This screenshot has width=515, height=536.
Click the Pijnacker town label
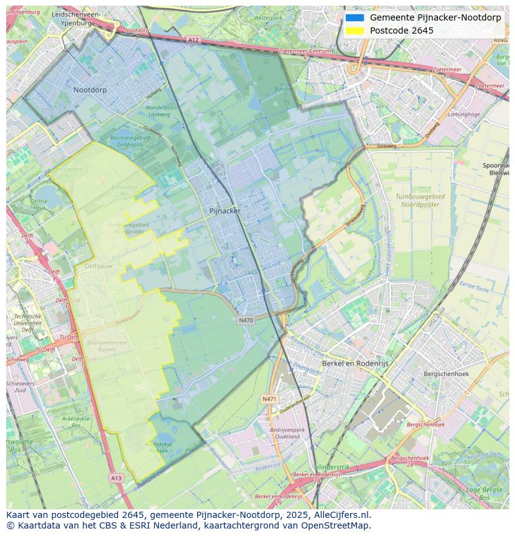tap(225, 210)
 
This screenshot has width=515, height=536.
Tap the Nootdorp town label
tap(90, 90)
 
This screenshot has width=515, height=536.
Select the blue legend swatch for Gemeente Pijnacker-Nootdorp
tap(355, 17)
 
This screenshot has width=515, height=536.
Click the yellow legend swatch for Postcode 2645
tap(355, 31)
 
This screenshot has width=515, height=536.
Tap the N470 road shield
tap(246, 320)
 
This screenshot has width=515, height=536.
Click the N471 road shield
tap(269, 399)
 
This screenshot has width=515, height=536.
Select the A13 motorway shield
tap(116, 478)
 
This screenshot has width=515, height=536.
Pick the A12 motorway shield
tap(193, 39)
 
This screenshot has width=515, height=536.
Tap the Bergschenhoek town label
tap(446, 374)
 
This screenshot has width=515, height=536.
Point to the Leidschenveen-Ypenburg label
tap(76, 19)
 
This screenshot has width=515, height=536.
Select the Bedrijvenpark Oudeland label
tap(287, 433)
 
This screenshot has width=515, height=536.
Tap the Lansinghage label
tap(464, 115)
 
